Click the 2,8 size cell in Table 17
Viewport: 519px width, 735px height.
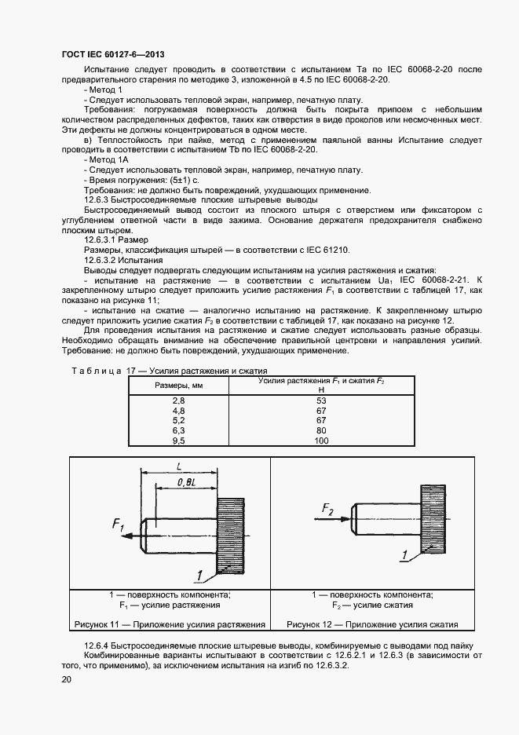177,400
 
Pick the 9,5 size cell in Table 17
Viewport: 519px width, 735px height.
177,441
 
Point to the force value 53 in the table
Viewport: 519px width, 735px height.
321,400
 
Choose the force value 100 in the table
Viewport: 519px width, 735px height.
321,441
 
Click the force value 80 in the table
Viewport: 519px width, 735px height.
321,431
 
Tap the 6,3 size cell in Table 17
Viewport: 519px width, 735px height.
177,431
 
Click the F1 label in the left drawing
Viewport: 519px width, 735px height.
119,525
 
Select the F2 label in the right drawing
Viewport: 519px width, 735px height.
327,511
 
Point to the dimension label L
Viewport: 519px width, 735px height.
179,466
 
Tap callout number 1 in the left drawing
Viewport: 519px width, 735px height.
200,576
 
